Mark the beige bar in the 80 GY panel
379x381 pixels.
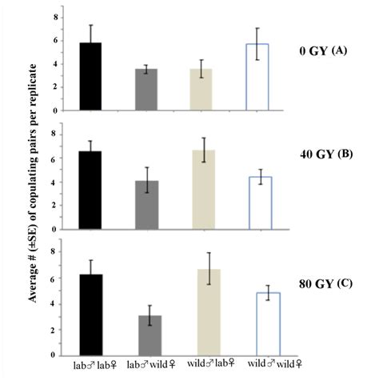point(204,312)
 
